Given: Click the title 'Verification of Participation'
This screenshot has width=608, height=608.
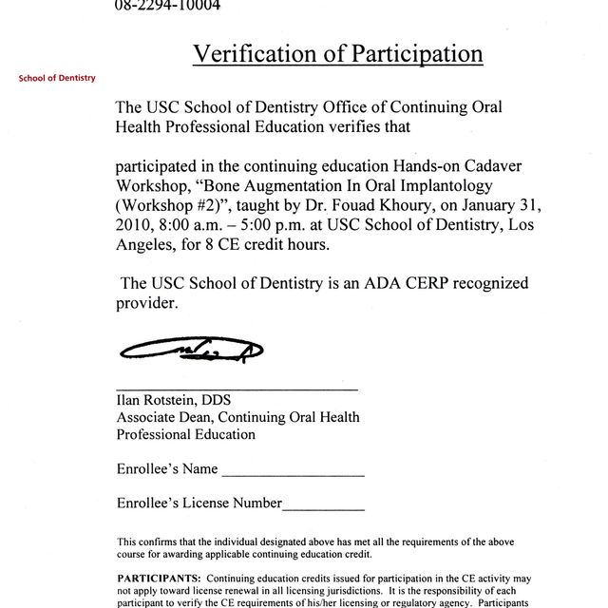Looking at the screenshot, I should (337, 53).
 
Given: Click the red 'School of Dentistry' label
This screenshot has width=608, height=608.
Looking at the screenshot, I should (57, 78).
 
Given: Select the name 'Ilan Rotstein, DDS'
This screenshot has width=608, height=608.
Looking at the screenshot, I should (174, 400).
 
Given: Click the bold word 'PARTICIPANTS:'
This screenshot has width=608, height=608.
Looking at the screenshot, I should (159, 579).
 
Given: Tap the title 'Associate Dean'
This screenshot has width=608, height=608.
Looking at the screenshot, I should (164, 417).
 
